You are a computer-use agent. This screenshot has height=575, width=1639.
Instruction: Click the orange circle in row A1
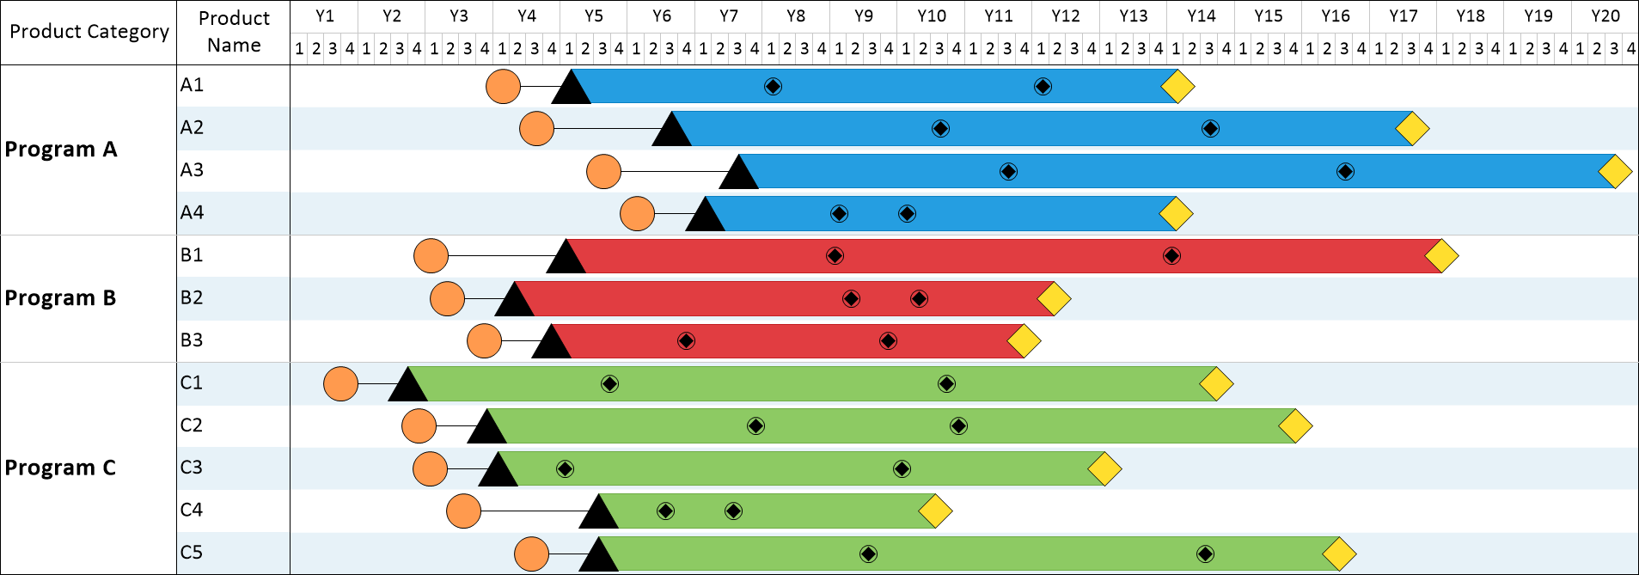[503, 87]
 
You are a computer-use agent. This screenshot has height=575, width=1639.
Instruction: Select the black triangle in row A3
[738, 174]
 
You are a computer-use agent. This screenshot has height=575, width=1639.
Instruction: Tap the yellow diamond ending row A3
[1615, 172]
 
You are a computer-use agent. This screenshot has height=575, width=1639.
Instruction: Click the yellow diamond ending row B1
[1441, 256]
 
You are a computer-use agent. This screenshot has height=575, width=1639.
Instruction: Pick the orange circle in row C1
[340, 384]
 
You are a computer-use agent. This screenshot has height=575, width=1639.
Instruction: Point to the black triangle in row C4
[598, 514]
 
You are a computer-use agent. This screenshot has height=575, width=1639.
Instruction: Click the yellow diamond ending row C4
[935, 511]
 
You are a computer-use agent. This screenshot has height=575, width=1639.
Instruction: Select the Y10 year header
[931, 16]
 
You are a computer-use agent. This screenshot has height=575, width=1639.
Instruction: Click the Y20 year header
[1605, 16]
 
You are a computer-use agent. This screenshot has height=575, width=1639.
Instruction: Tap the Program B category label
[60, 298]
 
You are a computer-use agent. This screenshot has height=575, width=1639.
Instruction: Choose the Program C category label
[60, 468]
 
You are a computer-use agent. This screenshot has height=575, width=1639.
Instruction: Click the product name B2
[192, 298]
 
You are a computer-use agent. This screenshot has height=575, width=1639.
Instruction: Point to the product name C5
[192, 553]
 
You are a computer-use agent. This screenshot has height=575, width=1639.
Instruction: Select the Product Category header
[89, 32]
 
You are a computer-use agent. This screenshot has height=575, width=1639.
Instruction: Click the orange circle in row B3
[484, 341]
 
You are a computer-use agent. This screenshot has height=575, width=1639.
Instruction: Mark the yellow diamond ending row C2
[1295, 426]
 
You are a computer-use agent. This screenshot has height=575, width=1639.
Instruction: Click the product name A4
[192, 213]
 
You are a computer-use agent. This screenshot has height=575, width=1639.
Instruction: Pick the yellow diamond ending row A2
[1412, 129]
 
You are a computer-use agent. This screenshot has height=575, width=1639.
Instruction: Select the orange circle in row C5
[531, 554]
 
